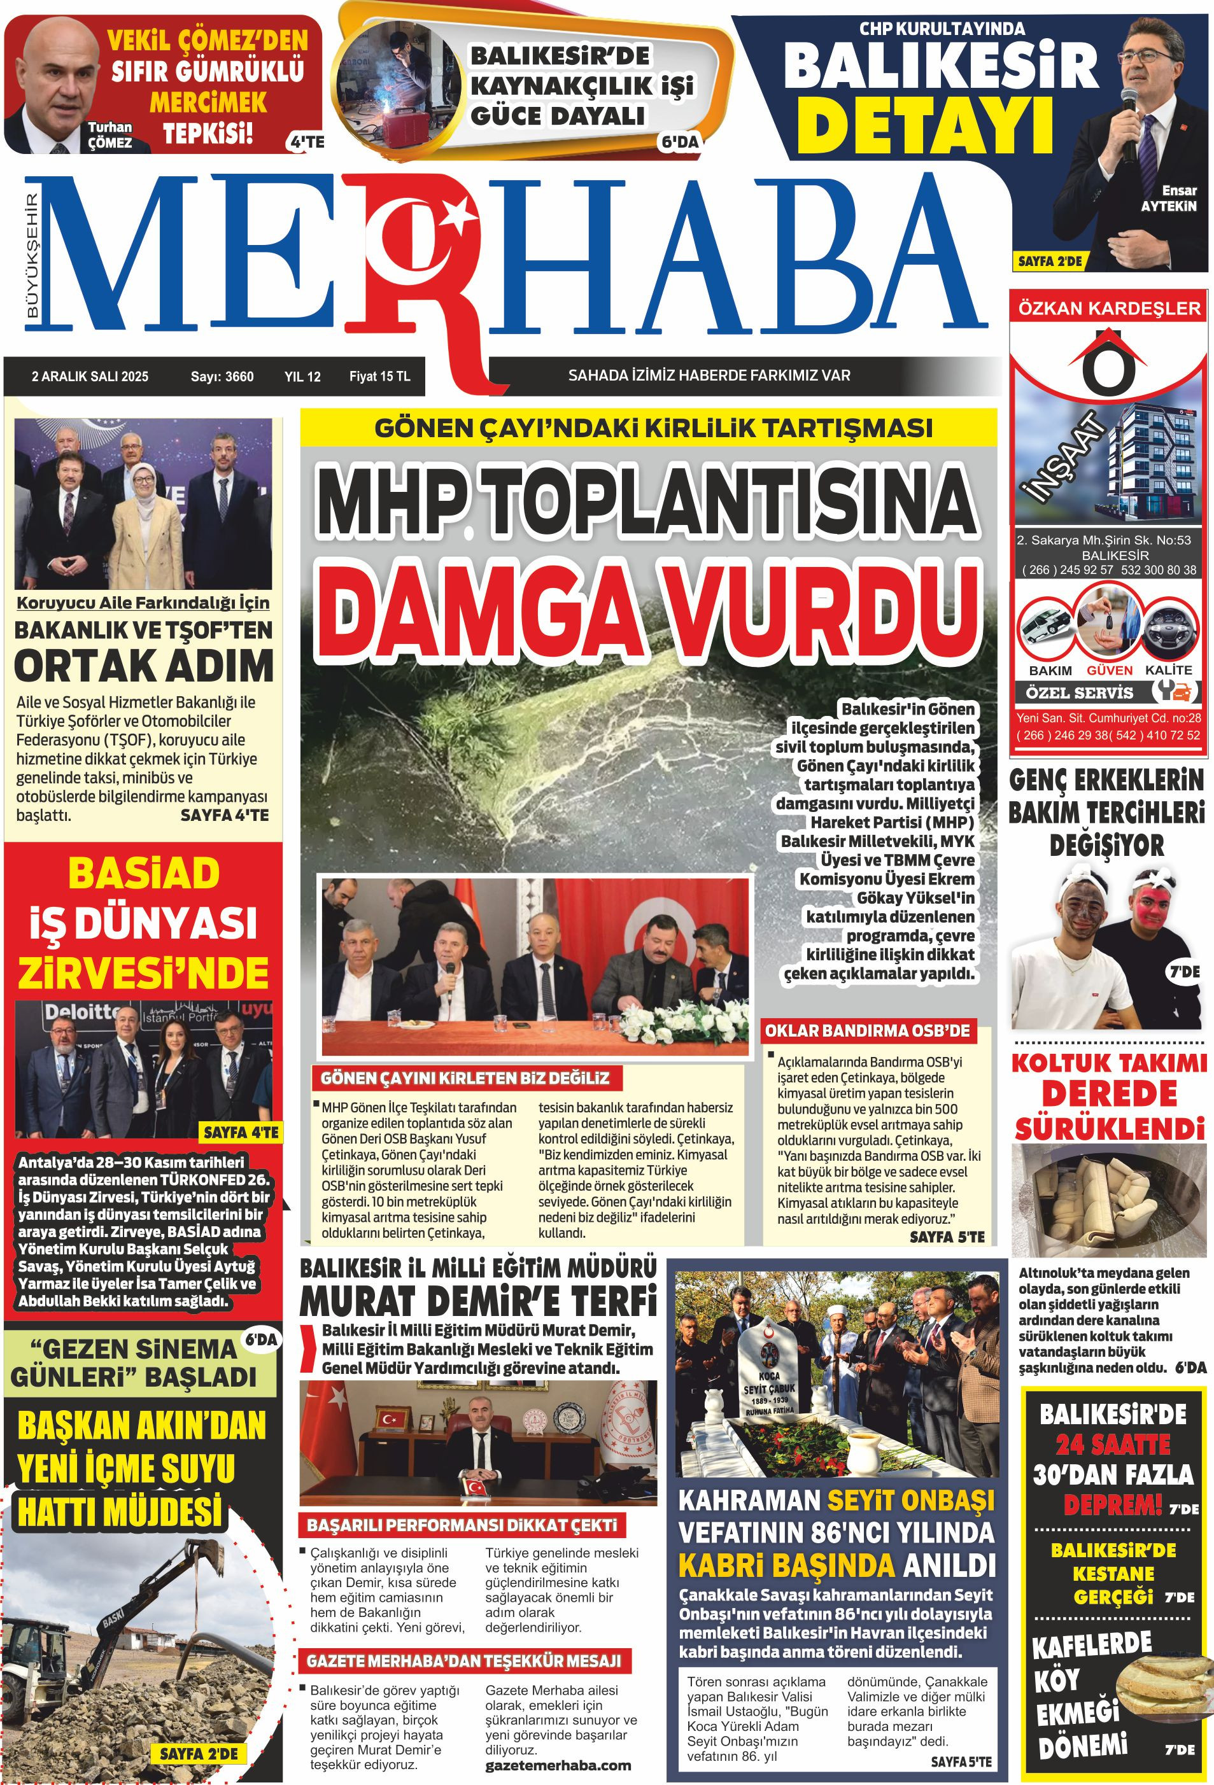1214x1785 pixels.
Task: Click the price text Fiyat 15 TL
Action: [379, 376]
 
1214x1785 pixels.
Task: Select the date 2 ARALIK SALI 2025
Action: [90, 376]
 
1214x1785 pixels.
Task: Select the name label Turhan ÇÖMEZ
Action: [110, 135]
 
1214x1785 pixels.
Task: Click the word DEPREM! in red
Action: [1112, 1504]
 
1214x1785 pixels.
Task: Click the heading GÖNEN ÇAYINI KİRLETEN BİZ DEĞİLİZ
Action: [465, 1077]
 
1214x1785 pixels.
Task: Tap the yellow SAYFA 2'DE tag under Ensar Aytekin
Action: [1050, 261]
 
